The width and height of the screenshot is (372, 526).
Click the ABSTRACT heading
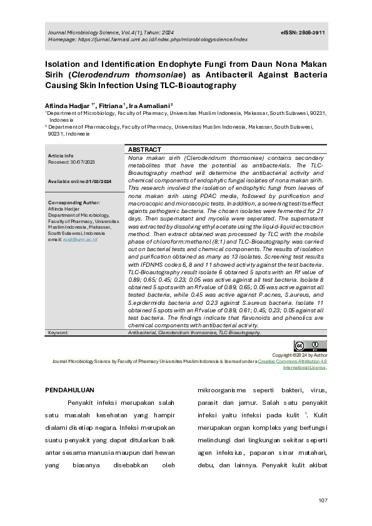click(144, 150)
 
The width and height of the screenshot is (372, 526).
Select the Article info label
click(61, 156)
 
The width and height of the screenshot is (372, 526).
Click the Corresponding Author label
click(74, 202)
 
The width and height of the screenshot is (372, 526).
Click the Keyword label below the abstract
click(58, 333)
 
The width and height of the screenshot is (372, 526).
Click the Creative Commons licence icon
click(310, 345)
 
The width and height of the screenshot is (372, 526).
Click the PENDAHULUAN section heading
click(69, 389)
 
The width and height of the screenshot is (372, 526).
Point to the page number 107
click(323, 500)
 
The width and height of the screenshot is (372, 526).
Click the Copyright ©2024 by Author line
click(304, 355)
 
